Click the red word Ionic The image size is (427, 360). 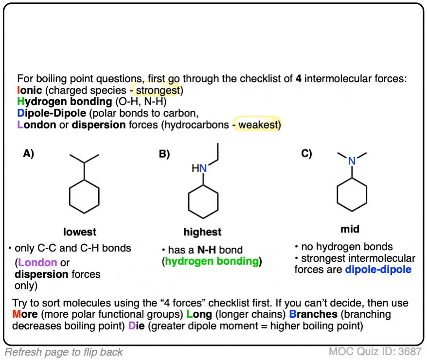(x=28, y=90)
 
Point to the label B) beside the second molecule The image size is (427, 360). (x=164, y=154)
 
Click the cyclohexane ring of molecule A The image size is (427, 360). (x=85, y=197)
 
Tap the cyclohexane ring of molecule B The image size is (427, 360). (x=203, y=204)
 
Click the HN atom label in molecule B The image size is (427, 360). (x=199, y=168)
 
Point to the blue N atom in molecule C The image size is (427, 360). (x=352, y=161)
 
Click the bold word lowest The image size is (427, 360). (x=80, y=232)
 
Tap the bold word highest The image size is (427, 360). (x=202, y=232)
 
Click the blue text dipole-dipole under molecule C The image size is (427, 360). (x=378, y=269)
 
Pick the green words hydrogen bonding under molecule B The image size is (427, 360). (x=212, y=261)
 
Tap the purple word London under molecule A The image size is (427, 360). (x=37, y=263)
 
